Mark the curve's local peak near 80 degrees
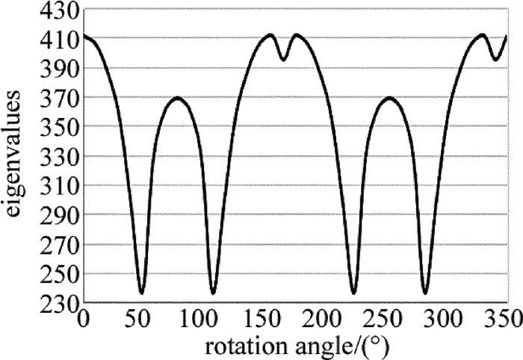point(177,98)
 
